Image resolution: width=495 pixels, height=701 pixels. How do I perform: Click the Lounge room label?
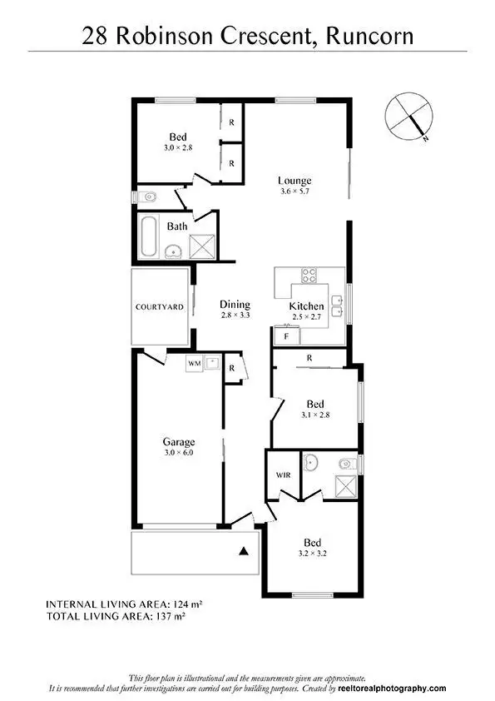point(295,181)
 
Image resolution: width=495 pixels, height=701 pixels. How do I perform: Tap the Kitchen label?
point(305,306)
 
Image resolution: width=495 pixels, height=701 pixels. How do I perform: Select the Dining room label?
point(235,305)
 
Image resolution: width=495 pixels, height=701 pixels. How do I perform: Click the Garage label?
point(178,442)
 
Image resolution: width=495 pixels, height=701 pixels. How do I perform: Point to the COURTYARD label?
point(160,307)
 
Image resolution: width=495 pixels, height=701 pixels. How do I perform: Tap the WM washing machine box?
point(194,364)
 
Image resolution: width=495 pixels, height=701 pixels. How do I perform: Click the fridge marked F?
point(286,336)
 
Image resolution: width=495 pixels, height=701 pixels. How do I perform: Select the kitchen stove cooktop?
point(309,275)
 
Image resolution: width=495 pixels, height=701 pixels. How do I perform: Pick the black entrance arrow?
point(244,550)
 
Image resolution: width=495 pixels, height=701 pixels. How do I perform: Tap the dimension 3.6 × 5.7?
point(295,192)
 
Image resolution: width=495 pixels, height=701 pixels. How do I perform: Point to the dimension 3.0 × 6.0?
point(178,453)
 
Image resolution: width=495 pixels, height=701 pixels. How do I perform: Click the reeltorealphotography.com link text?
point(393,689)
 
